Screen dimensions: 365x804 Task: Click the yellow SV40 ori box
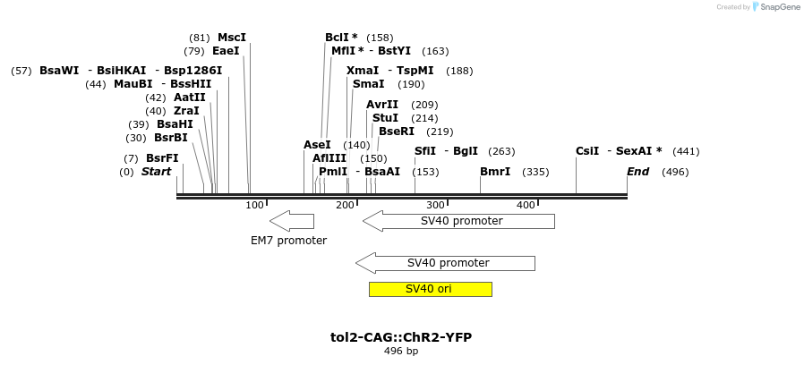[430, 289]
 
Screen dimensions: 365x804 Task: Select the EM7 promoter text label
[288, 241]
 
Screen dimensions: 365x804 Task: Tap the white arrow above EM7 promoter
[291, 220]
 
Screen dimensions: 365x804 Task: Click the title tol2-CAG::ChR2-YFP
[401, 337]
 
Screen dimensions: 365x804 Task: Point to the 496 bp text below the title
[401, 352]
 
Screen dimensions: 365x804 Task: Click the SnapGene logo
[775, 7]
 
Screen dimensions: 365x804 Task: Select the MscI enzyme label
[231, 38]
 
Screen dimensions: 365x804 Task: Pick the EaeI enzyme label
[226, 51]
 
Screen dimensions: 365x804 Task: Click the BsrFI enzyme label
[162, 158]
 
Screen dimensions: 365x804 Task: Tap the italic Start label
[156, 172]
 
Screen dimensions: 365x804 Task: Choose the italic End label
[637, 172]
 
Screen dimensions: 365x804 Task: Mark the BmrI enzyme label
[495, 172]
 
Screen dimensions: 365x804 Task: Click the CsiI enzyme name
[587, 151]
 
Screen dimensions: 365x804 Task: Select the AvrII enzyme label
[382, 105]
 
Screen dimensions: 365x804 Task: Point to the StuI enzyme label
[385, 118]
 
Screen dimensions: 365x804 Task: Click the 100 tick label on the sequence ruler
[255, 206]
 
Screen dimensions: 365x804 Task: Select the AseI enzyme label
[317, 145]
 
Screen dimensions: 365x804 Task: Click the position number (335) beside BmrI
[535, 172]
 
